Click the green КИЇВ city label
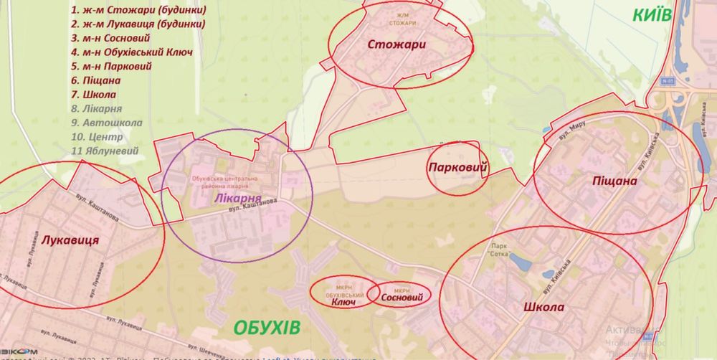pos(652,15)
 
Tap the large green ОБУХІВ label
pos(267,328)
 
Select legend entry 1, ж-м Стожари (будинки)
pos(138,11)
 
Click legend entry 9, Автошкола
pos(107,121)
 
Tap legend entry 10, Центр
pos(97,136)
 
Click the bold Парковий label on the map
pos(457,168)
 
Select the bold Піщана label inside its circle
pos(614,181)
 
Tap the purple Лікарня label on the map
pos(237,197)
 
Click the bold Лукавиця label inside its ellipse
pos(70,240)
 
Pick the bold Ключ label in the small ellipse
pos(344,302)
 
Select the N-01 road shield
pos(669,82)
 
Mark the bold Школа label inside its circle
pos(544,308)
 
